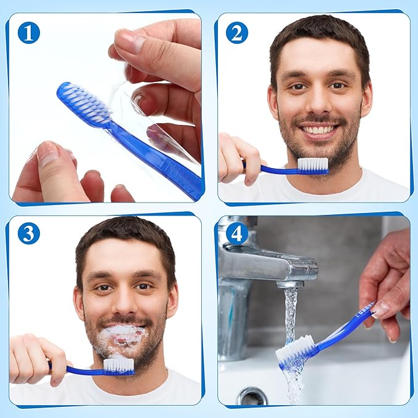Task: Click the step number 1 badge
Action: tap(28, 32)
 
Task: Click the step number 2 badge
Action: tap(237, 32)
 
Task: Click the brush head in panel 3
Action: tap(119, 366)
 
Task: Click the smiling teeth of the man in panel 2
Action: tap(318, 130)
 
